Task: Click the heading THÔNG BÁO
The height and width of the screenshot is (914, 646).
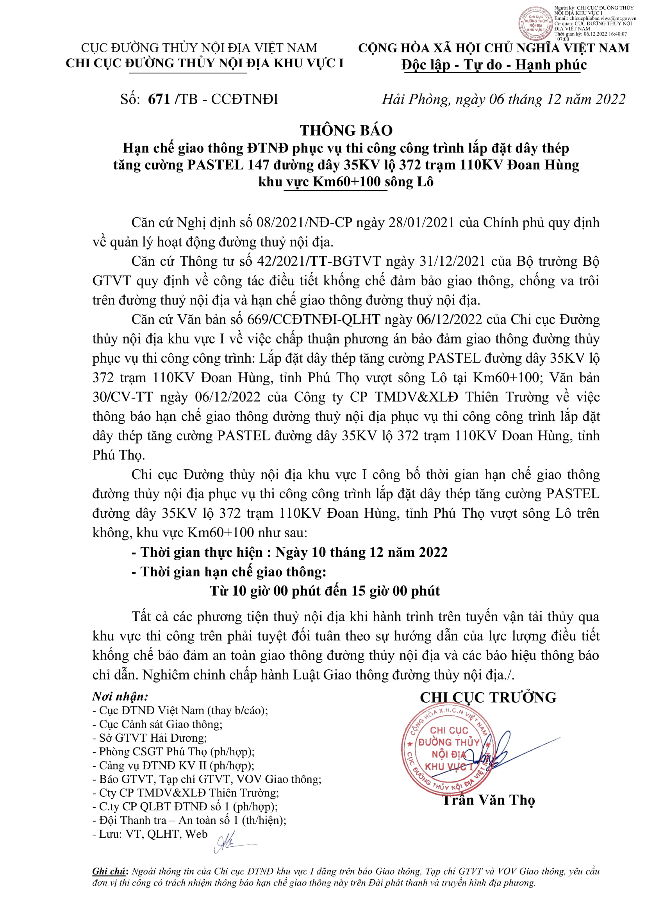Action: coord(346,130)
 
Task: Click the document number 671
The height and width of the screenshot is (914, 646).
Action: coord(159,99)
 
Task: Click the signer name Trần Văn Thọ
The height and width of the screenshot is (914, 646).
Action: coord(489,800)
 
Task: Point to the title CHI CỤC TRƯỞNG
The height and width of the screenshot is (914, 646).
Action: coord(488,698)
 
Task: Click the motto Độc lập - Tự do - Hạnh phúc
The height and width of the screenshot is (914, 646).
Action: coord(494,64)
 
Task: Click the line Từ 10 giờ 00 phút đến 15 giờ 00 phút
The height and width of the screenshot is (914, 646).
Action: coord(325,591)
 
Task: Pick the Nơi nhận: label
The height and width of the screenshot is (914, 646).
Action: coord(120,696)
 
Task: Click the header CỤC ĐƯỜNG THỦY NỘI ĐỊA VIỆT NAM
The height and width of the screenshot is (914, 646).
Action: coord(199,48)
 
